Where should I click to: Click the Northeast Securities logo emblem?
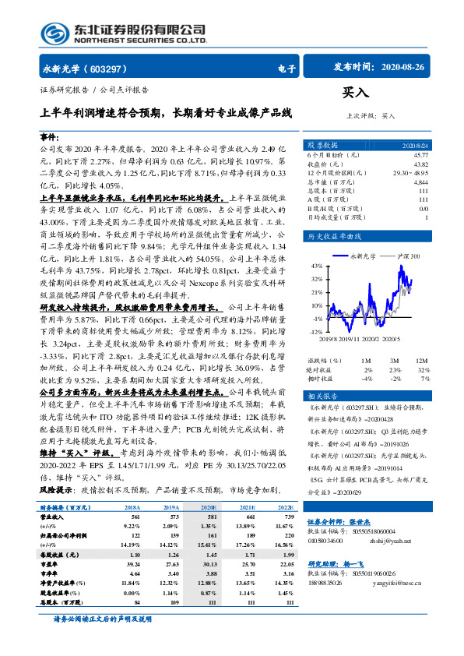click(x=52, y=33)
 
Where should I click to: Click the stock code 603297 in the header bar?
click(x=114, y=68)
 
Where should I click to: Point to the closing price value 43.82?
click(x=420, y=163)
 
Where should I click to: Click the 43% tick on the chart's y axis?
click(x=316, y=266)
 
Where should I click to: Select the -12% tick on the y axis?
click(x=315, y=332)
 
